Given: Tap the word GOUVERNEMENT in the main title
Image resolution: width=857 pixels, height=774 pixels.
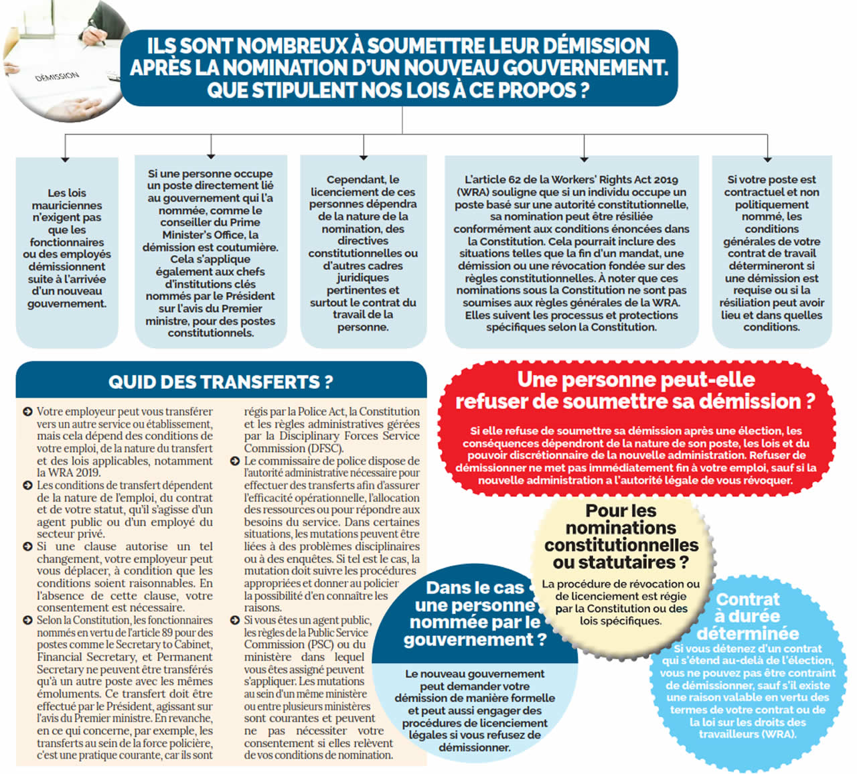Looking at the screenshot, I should click(582, 68).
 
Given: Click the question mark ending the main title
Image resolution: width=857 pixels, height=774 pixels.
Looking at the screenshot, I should click(584, 90).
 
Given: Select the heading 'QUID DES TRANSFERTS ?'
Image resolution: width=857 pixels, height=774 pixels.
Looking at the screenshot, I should click(220, 382).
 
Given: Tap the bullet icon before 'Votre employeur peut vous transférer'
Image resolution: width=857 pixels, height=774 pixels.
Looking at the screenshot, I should click(27, 412).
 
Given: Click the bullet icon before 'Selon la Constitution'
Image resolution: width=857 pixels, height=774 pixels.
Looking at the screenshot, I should click(27, 621).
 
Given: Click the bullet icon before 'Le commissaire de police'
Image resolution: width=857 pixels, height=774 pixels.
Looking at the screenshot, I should click(235, 461).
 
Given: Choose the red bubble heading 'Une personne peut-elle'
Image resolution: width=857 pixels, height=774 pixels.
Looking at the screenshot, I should click(635, 380).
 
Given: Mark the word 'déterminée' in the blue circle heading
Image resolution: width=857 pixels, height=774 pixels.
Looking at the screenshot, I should click(747, 633).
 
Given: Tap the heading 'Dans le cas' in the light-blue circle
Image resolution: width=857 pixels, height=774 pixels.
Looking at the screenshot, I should click(475, 588).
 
